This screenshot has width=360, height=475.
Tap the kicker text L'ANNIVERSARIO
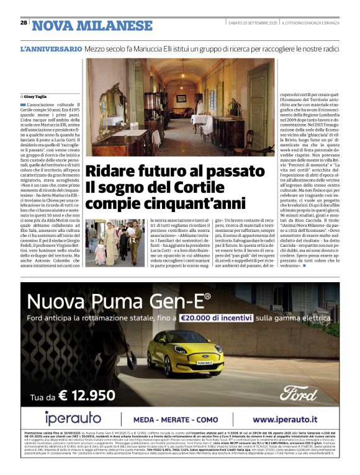(x=51, y=48)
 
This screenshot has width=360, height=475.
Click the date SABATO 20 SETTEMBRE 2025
(x=252, y=23)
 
